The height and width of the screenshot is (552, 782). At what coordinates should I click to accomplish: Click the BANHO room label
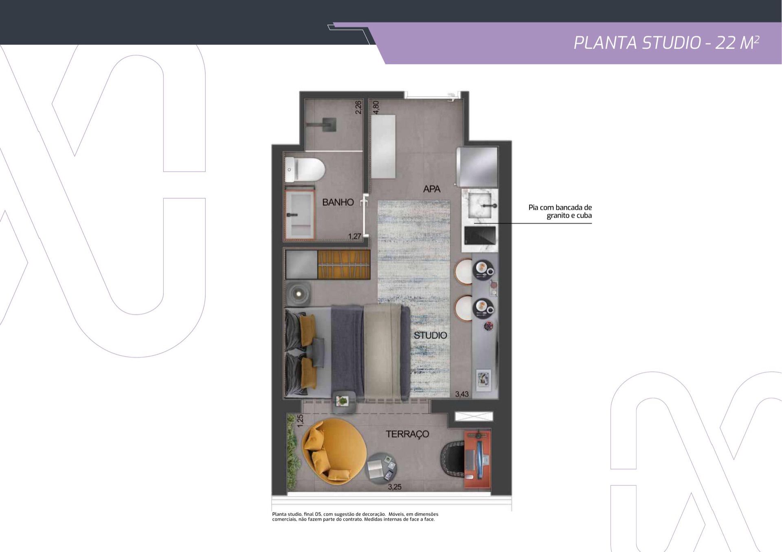click(338, 202)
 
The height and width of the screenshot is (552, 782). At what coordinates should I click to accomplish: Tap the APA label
click(432, 189)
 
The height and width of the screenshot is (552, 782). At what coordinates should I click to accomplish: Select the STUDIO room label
click(431, 335)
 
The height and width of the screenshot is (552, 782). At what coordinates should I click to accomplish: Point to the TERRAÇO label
click(407, 434)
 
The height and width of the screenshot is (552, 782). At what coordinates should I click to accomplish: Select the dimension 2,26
click(358, 107)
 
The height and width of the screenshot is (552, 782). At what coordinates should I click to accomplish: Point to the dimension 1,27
click(354, 236)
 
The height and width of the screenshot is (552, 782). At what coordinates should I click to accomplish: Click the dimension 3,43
click(462, 394)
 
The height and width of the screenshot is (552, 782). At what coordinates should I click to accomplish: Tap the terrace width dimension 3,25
click(395, 487)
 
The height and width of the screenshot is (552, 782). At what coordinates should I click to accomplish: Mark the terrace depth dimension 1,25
click(300, 421)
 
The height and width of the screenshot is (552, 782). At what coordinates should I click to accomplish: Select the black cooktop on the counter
click(480, 235)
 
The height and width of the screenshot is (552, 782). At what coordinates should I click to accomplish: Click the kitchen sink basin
click(481, 205)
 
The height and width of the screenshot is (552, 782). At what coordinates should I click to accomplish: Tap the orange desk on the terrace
click(477, 459)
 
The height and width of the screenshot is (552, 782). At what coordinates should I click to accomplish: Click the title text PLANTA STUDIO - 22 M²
click(666, 43)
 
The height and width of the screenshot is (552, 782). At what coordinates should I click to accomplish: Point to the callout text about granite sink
click(560, 212)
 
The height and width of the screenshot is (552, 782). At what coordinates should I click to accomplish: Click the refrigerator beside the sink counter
click(477, 167)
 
